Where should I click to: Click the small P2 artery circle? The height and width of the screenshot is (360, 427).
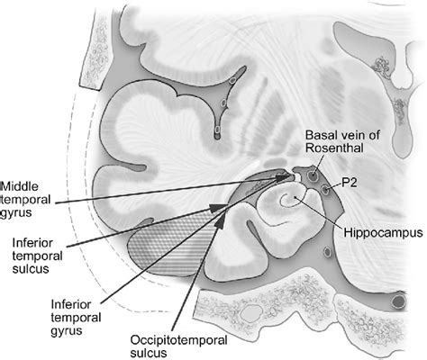coord(326,190)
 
